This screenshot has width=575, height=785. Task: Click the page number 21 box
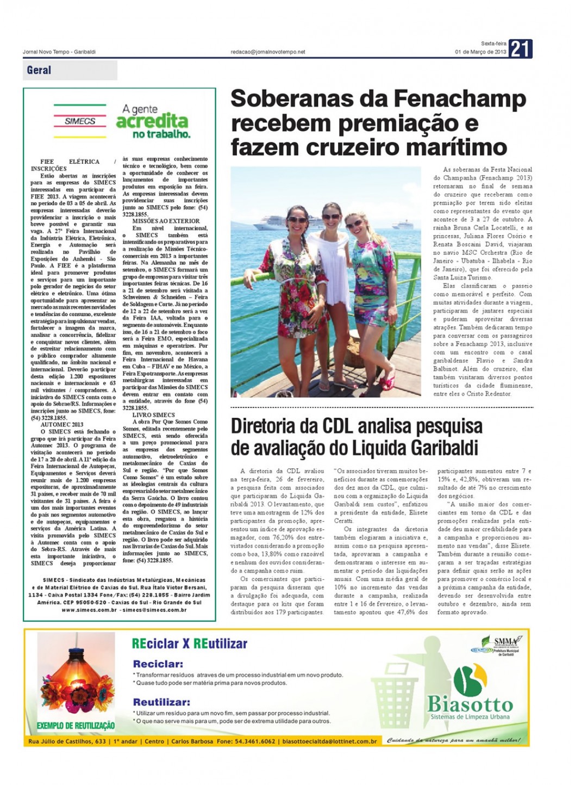(520, 49)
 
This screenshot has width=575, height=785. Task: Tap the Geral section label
(39, 70)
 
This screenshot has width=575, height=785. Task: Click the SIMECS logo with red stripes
(80, 121)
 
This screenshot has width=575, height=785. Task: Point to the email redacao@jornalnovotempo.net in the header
(268, 52)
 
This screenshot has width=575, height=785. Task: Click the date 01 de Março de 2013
(480, 52)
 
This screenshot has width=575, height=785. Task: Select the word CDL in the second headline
(339, 426)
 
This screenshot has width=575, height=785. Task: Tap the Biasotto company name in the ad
(470, 704)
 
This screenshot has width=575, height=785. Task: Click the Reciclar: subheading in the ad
(158, 664)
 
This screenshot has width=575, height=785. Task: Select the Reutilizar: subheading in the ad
(161, 702)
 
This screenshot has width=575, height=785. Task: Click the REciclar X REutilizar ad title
(189, 644)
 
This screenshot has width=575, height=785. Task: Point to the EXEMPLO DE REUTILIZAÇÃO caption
(76, 726)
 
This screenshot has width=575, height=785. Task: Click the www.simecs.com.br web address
(89, 610)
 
